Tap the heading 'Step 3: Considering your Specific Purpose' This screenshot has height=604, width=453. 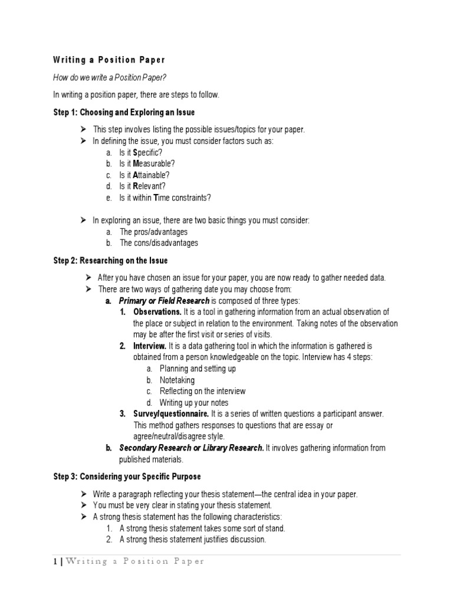pos(127,476)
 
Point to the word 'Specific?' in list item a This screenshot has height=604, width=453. pos(149,153)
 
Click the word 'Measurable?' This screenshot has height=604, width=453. pos(155,164)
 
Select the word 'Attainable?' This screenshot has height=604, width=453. pos(153,175)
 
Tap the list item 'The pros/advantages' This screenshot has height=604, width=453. pos(155,231)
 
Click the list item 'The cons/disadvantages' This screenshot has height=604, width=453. pos(159,242)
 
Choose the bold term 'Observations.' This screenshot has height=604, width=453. pos(157,312)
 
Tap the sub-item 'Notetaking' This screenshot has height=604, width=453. pos(177,380)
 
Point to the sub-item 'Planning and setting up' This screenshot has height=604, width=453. pos(198,369)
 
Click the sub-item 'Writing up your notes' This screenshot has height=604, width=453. pos(195,402)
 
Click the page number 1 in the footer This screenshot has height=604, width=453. pos(54,561)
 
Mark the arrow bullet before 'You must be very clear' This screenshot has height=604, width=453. pos(84,505)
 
